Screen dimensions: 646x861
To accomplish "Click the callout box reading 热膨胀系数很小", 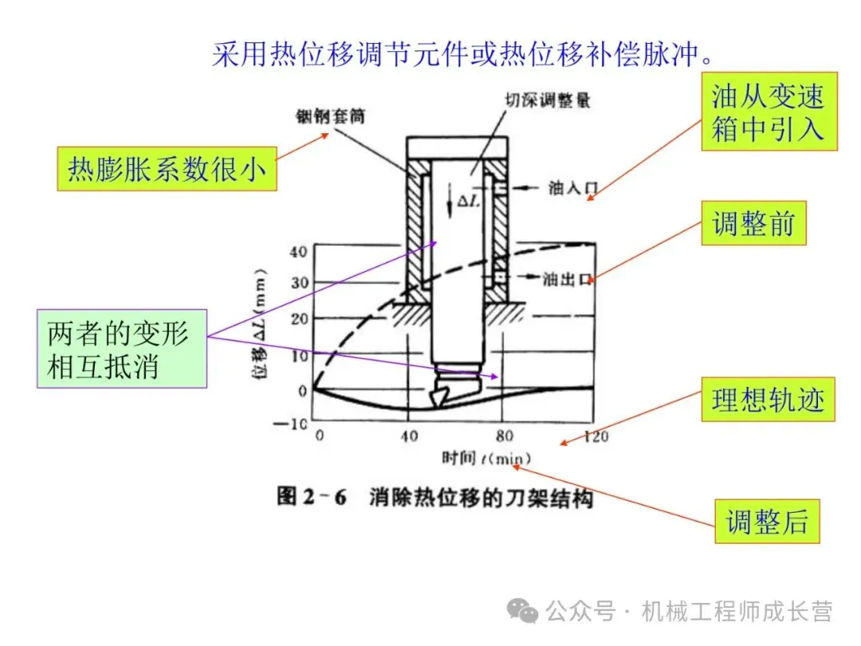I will pyautogui.click(x=167, y=168).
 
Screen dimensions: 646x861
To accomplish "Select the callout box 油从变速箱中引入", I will pyautogui.click(x=769, y=112).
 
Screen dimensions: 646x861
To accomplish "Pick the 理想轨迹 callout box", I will pyautogui.click(x=768, y=400).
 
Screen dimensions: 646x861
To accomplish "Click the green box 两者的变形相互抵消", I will pyautogui.click(x=122, y=349).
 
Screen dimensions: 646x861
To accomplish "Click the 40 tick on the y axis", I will pyautogui.click(x=298, y=251).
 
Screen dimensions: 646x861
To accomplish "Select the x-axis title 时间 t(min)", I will pyautogui.click(x=486, y=459).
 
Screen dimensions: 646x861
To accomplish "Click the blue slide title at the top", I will pyautogui.click(x=462, y=53).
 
